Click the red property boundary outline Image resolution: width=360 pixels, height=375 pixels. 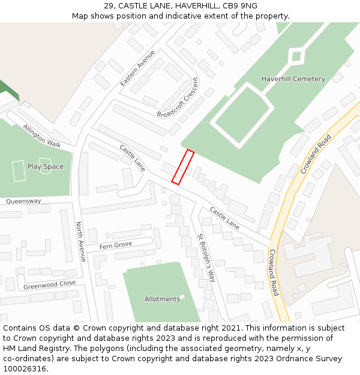tap(183, 167)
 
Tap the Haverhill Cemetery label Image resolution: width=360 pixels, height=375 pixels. tap(293, 79)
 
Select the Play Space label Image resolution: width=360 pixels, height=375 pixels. tap(45, 167)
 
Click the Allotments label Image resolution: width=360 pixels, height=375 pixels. tap(162, 299)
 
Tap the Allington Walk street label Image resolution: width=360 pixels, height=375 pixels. tap(42, 136)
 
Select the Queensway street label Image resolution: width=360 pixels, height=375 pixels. tap(24, 202)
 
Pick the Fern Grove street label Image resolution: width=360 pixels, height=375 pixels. tap(115, 245)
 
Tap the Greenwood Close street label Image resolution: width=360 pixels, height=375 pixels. tap(50, 284)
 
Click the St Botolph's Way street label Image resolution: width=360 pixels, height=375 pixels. tap(206, 258)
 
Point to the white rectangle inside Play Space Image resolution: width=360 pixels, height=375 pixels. tap(18, 171)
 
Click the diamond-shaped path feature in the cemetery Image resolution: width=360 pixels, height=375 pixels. tap(295, 58)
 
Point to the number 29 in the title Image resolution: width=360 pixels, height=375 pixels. tap(109, 6)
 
